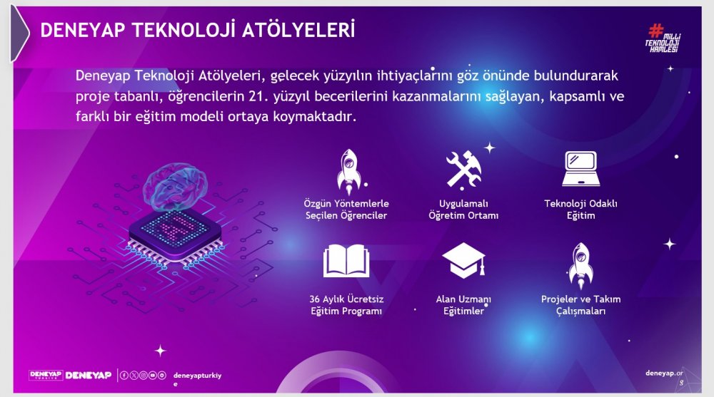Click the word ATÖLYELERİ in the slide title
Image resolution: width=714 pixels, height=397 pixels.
click(298, 30)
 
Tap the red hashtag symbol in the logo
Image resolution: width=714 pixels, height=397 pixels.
click(655, 31)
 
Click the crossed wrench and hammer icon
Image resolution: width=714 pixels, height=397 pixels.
click(463, 169)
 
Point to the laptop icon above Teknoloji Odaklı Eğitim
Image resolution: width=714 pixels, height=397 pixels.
click(580, 169)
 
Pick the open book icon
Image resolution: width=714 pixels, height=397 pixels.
click(346, 261)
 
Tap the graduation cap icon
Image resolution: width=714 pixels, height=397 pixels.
click(463, 260)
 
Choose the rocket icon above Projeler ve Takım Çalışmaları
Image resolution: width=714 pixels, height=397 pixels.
click(580, 266)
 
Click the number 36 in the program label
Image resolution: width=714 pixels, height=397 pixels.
click(315, 299)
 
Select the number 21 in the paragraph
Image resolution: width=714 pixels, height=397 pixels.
click(256, 96)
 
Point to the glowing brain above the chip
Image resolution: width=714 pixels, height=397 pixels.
click(175, 187)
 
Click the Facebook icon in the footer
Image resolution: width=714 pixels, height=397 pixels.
click(124, 375)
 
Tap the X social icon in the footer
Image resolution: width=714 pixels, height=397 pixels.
click(134, 375)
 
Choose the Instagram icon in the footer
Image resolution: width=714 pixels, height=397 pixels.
click(143, 375)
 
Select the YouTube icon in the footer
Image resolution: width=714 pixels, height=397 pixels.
click(153, 375)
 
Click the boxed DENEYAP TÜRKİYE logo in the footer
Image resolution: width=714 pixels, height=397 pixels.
click(46, 375)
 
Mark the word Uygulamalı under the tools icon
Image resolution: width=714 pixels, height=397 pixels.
click(463, 204)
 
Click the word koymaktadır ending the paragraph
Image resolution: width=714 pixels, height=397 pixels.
click(314, 117)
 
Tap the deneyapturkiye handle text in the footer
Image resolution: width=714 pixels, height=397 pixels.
click(197, 378)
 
